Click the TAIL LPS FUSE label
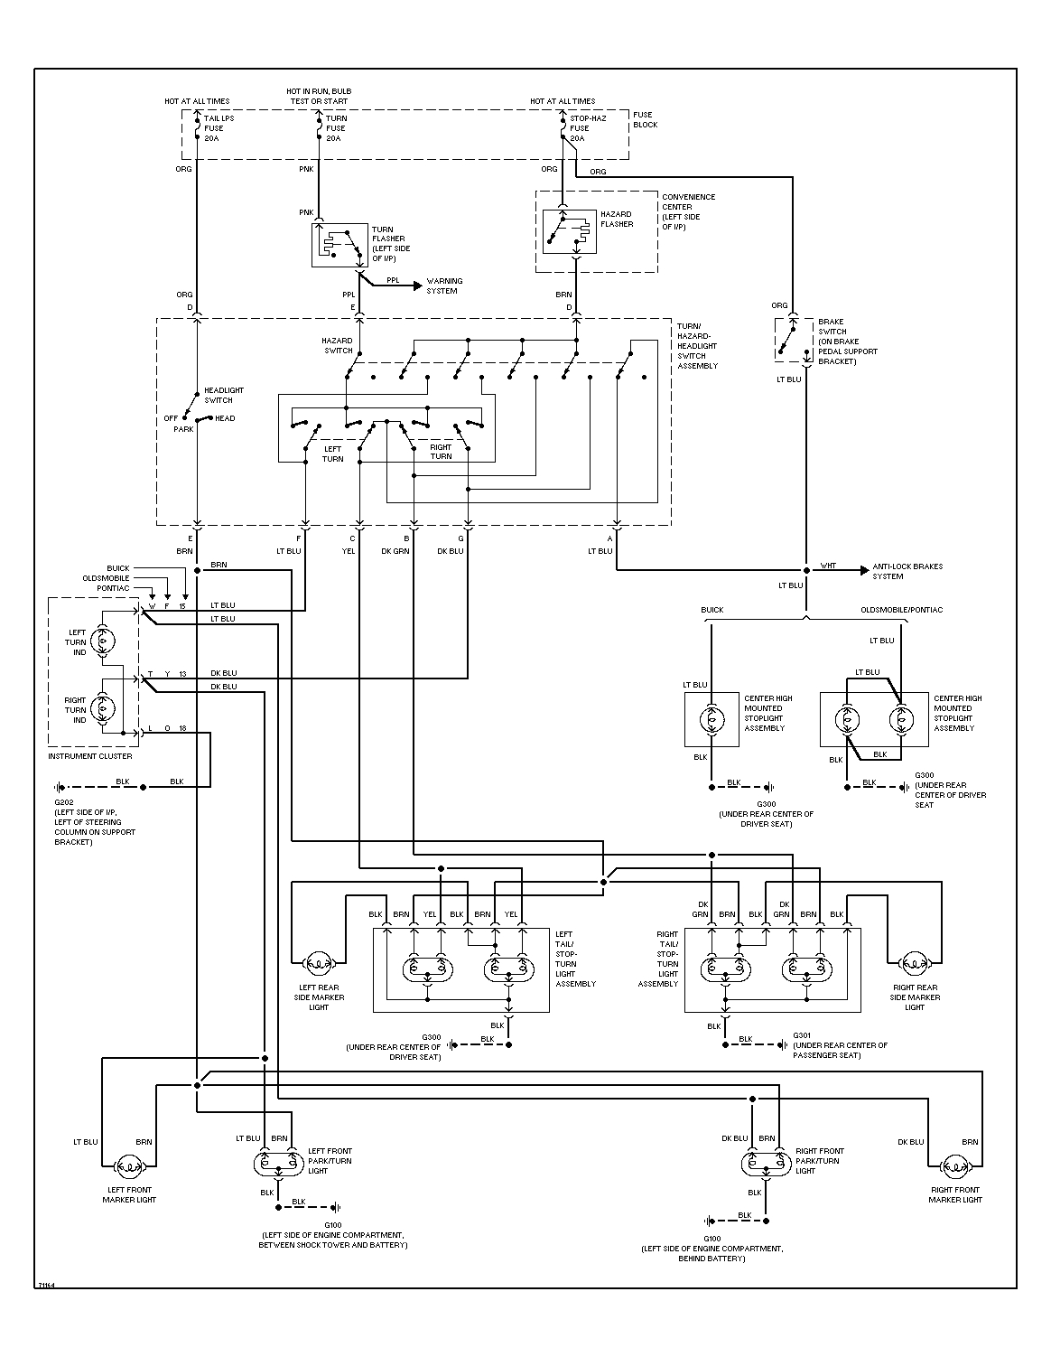pyautogui.click(x=213, y=128)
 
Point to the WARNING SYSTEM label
pyautogui.click(x=444, y=286)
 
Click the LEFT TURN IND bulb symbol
pyautogui.click(x=102, y=641)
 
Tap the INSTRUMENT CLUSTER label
pyautogui.click(x=90, y=756)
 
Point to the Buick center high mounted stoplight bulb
pyautogui.click(x=712, y=720)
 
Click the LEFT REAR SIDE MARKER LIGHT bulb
pyautogui.click(x=319, y=962)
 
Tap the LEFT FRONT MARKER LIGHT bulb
pyautogui.click(x=129, y=1167)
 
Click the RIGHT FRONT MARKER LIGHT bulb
pyautogui.click(x=954, y=1167)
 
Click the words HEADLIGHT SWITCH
pyautogui.click(x=224, y=395)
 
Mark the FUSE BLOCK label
pyautogui.click(x=645, y=120)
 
